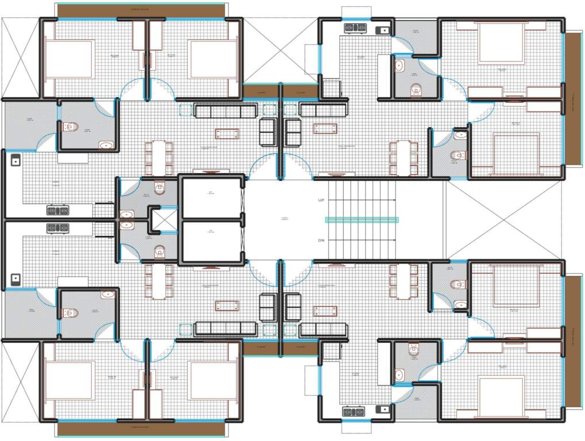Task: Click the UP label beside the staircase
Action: pyautogui.click(x=321, y=200)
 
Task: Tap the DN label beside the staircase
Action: pyautogui.click(x=321, y=240)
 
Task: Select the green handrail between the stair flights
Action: pyautogui.click(x=362, y=219)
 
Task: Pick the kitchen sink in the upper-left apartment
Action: pyautogui.click(x=15, y=160)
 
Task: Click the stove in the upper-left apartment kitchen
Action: pyautogui.click(x=57, y=211)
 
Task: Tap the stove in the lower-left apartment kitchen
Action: pyautogui.click(x=57, y=228)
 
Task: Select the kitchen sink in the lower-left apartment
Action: pyautogui.click(x=15, y=280)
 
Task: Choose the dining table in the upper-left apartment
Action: pyautogui.click(x=158, y=158)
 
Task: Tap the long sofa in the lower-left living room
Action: pyautogui.click(x=225, y=328)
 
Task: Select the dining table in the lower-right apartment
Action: pyautogui.click(x=404, y=281)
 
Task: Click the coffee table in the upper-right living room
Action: pyautogui.click(x=324, y=129)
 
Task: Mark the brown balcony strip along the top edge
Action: pyautogui.click(x=141, y=10)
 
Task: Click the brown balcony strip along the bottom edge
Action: pyautogui.click(x=141, y=429)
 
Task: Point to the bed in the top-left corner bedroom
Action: pyautogui.click(x=69, y=59)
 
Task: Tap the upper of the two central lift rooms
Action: pyautogui.click(x=210, y=198)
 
